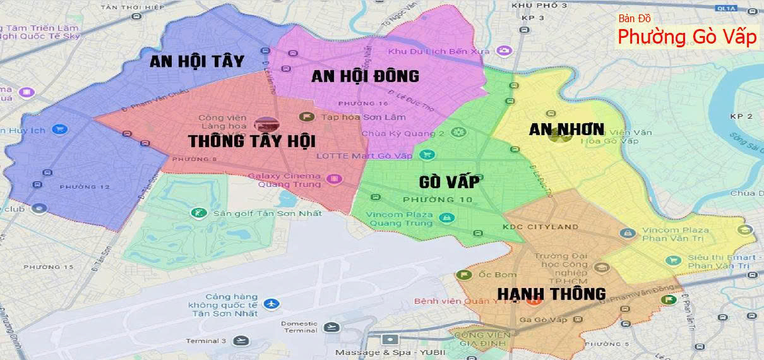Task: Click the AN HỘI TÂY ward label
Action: tap(197, 61)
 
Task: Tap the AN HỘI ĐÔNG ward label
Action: tap(365, 76)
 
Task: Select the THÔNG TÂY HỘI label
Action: tap(251, 140)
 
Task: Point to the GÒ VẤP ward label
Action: tap(448, 182)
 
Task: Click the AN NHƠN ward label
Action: tap(566, 129)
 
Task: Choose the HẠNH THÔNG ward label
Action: tap(551, 294)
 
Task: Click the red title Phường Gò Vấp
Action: tap(686, 37)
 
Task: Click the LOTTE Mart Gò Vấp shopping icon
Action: tap(428, 155)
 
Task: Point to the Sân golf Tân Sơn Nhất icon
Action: tap(200, 213)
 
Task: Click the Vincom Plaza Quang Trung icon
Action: tap(447, 219)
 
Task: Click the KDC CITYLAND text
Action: tap(532, 227)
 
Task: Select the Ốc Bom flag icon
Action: tap(464, 275)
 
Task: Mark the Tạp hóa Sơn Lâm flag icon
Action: tap(307, 117)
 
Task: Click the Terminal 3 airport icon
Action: tap(239, 341)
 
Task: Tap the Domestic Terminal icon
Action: tap(330, 327)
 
